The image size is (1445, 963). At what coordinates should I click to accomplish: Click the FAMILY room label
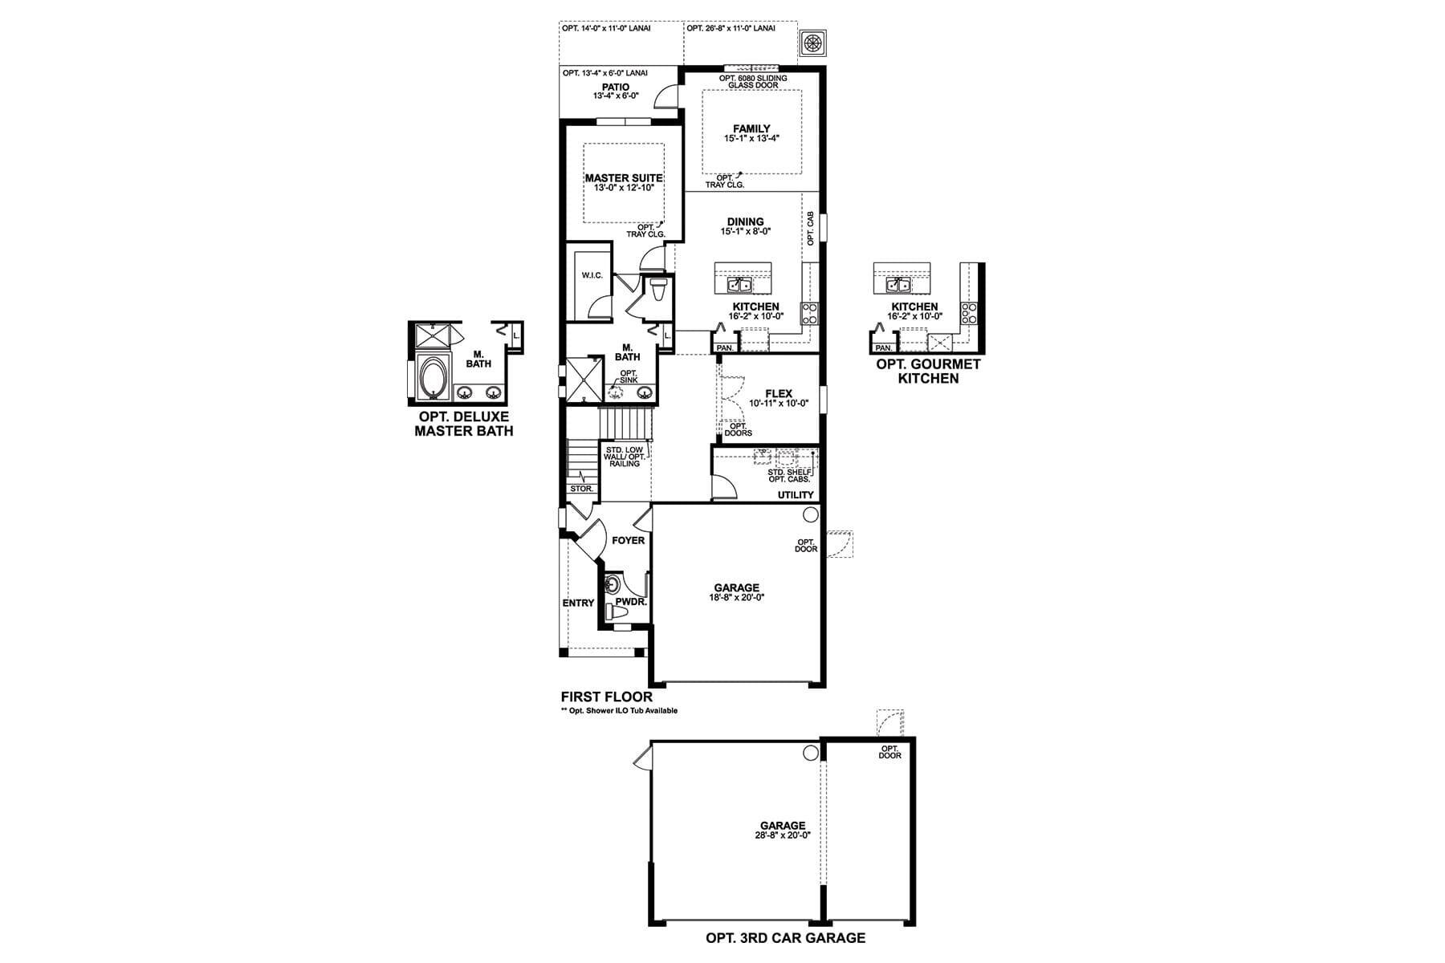click(x=751, y=128)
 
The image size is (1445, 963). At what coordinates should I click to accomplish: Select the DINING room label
click(x=745, y=221)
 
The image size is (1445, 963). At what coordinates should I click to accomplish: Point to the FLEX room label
click(x=779, y=393)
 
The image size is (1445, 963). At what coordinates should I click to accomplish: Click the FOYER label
click(x=628, y=540)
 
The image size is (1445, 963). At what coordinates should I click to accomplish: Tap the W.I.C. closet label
click(x=592, y=275)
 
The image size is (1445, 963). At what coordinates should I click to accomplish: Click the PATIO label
click(x=615, y=87)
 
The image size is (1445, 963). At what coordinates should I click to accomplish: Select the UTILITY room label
click(x=796, y=494)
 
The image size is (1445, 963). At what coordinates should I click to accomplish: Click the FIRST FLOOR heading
click(x=607, y=697)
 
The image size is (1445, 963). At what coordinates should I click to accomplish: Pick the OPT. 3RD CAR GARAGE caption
click(x=785, y=937)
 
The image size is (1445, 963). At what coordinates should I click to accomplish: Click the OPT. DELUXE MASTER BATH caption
click(x=464, y=424)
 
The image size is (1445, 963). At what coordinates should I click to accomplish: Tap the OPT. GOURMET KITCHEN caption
click(x=928, y=371)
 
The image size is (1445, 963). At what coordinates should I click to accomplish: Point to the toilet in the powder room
click(x=617, y=612)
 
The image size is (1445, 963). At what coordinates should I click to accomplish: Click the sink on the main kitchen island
click(x=739, y=285)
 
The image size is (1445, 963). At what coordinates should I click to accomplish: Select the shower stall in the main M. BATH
click(x=584, y=380)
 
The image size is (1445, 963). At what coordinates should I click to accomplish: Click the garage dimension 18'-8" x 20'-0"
click(x=736, y=597)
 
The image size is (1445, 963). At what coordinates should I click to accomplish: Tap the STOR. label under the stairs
click(x=581, y=488)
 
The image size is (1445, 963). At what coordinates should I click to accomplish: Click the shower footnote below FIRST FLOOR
click(x=619, y=710)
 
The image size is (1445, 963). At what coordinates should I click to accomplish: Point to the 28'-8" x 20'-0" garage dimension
click(x=783, y=835)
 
